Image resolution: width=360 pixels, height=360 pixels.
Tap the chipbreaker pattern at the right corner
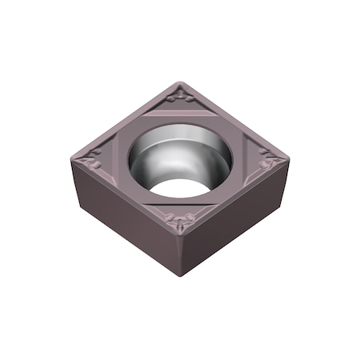point(268,163)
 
